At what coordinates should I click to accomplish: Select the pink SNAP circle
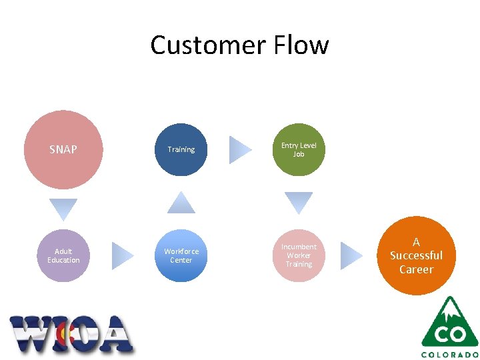[63, 149]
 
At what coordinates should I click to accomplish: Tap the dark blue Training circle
[181, 149]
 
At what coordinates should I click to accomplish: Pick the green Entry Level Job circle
[299, 149]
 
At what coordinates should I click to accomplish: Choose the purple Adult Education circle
[63, 255]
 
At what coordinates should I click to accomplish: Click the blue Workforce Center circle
[181, 255]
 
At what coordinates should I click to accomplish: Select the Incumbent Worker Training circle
[299, 255]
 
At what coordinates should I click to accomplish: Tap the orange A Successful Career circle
[416, 255]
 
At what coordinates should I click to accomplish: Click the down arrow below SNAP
[63, 209]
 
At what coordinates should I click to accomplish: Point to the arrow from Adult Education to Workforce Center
[122, 255]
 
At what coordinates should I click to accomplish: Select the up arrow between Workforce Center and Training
[181, 203]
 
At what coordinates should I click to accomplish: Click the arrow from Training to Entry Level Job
[240, 149]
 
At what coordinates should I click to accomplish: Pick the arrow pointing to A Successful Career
[351, 255]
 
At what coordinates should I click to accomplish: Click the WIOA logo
[71, 334]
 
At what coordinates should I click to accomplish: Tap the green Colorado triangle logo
[449, 323]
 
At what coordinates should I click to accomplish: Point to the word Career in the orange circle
[416, 269]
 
